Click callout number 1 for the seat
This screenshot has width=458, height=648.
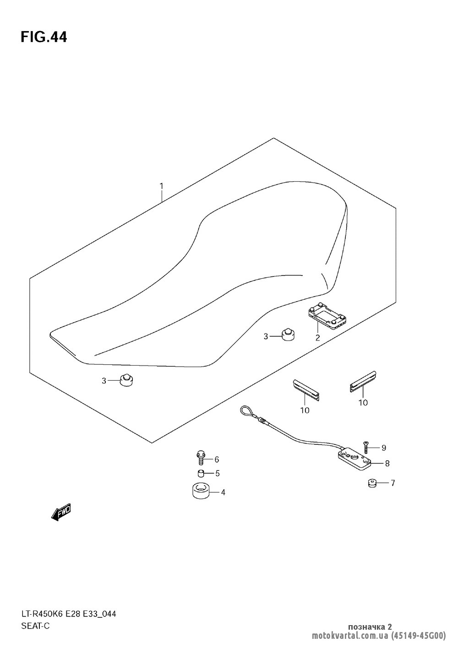(x=161, y=186)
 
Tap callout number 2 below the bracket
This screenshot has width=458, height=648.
(x=317, y=338)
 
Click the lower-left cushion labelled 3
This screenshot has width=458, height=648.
(x=125, y=380)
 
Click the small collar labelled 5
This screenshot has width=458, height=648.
(x=201, y=473)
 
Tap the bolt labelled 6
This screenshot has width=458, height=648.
(x=201, y=458)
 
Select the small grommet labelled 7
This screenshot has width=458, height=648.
(x=372, y=483)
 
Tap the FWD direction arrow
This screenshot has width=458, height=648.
(x=61, y=513)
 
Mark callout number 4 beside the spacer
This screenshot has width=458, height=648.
(x=223, y=492)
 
